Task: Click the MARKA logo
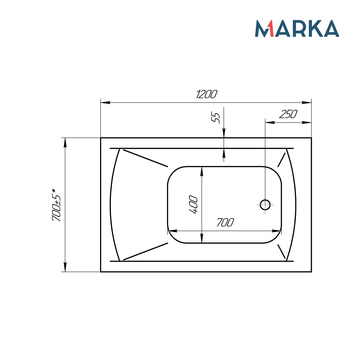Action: (x=297, y=28)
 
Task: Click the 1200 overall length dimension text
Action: (x=207, y=94)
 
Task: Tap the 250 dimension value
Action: (x=288, y=114)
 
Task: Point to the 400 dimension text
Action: (x=193, y=204)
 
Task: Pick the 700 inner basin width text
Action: (x=225, y=223)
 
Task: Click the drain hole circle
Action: (x=265, y=205)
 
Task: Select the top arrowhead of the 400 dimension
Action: (x=202, y=171)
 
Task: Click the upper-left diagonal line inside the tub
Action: (x=145, y=158)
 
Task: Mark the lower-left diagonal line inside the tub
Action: (x=145, y=251)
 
